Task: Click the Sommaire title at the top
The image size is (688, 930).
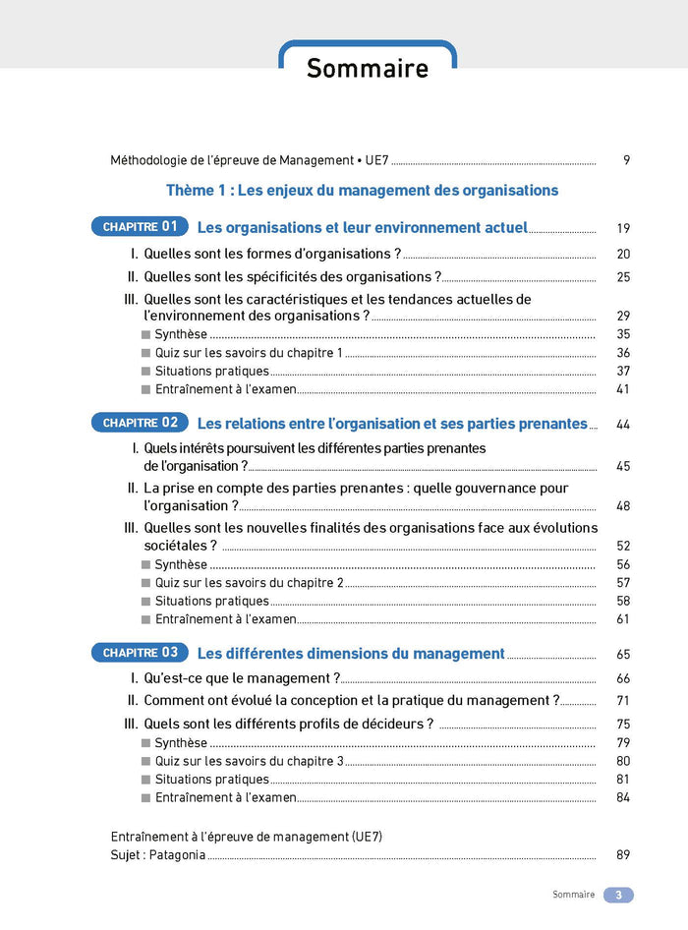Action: click(368, 68)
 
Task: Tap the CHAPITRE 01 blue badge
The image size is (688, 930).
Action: click(140, 227)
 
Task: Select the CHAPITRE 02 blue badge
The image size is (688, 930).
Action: click(140, 423)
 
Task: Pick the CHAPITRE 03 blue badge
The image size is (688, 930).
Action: click(140, 653)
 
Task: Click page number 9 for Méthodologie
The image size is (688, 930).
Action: click(626, 160)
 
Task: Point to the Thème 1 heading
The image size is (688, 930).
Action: click(362, 191)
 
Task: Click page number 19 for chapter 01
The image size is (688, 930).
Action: click(623, 228)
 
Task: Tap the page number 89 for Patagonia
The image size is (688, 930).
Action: click(623, 855)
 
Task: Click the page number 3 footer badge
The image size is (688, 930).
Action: click(618, 896)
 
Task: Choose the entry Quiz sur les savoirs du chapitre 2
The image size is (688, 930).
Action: click(249, 583)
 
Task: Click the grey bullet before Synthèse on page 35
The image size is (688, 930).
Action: click(146, 334)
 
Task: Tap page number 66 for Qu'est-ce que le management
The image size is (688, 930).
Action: click(623, 679)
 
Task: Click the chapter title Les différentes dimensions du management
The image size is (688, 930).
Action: click(351, 654)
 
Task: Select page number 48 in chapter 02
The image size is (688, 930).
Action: click(623, 506)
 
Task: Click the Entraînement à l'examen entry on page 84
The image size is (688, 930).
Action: click(225, 797)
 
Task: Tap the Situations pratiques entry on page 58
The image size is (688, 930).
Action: click(211, 601)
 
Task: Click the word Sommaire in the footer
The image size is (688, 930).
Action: click(573, 896)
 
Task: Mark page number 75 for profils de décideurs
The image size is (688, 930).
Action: click(623, 725)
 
